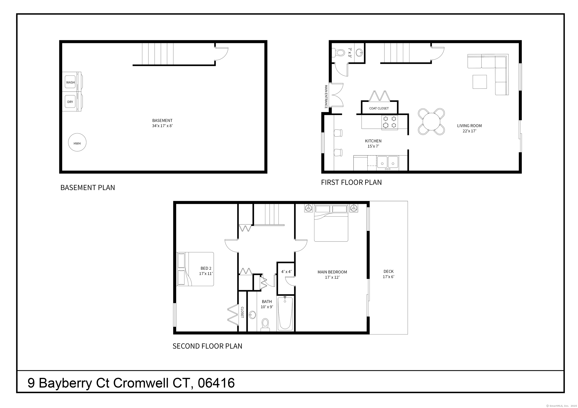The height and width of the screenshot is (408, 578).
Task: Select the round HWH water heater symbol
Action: [77, 142]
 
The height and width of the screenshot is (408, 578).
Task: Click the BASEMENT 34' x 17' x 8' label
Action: [162, 123]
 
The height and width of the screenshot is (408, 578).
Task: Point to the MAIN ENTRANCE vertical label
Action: [326, 97]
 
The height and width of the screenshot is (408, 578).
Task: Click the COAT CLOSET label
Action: [379, 108]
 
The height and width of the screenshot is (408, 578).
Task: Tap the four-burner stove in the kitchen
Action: [390, 122]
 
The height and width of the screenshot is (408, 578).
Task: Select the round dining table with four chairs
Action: [431, 122]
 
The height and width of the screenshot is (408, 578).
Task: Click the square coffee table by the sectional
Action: [480, 82]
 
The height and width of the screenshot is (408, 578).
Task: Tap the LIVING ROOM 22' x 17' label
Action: [469, 128]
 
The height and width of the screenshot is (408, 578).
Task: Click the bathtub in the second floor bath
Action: [285, 313]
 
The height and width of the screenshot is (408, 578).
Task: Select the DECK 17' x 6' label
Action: [389, 274]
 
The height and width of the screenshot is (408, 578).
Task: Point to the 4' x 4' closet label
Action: [286, 272]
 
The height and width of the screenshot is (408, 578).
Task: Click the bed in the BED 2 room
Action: [195, 269]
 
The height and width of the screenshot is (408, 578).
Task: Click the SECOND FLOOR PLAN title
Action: [207, 346]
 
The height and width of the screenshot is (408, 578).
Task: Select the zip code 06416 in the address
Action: [216, 383]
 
